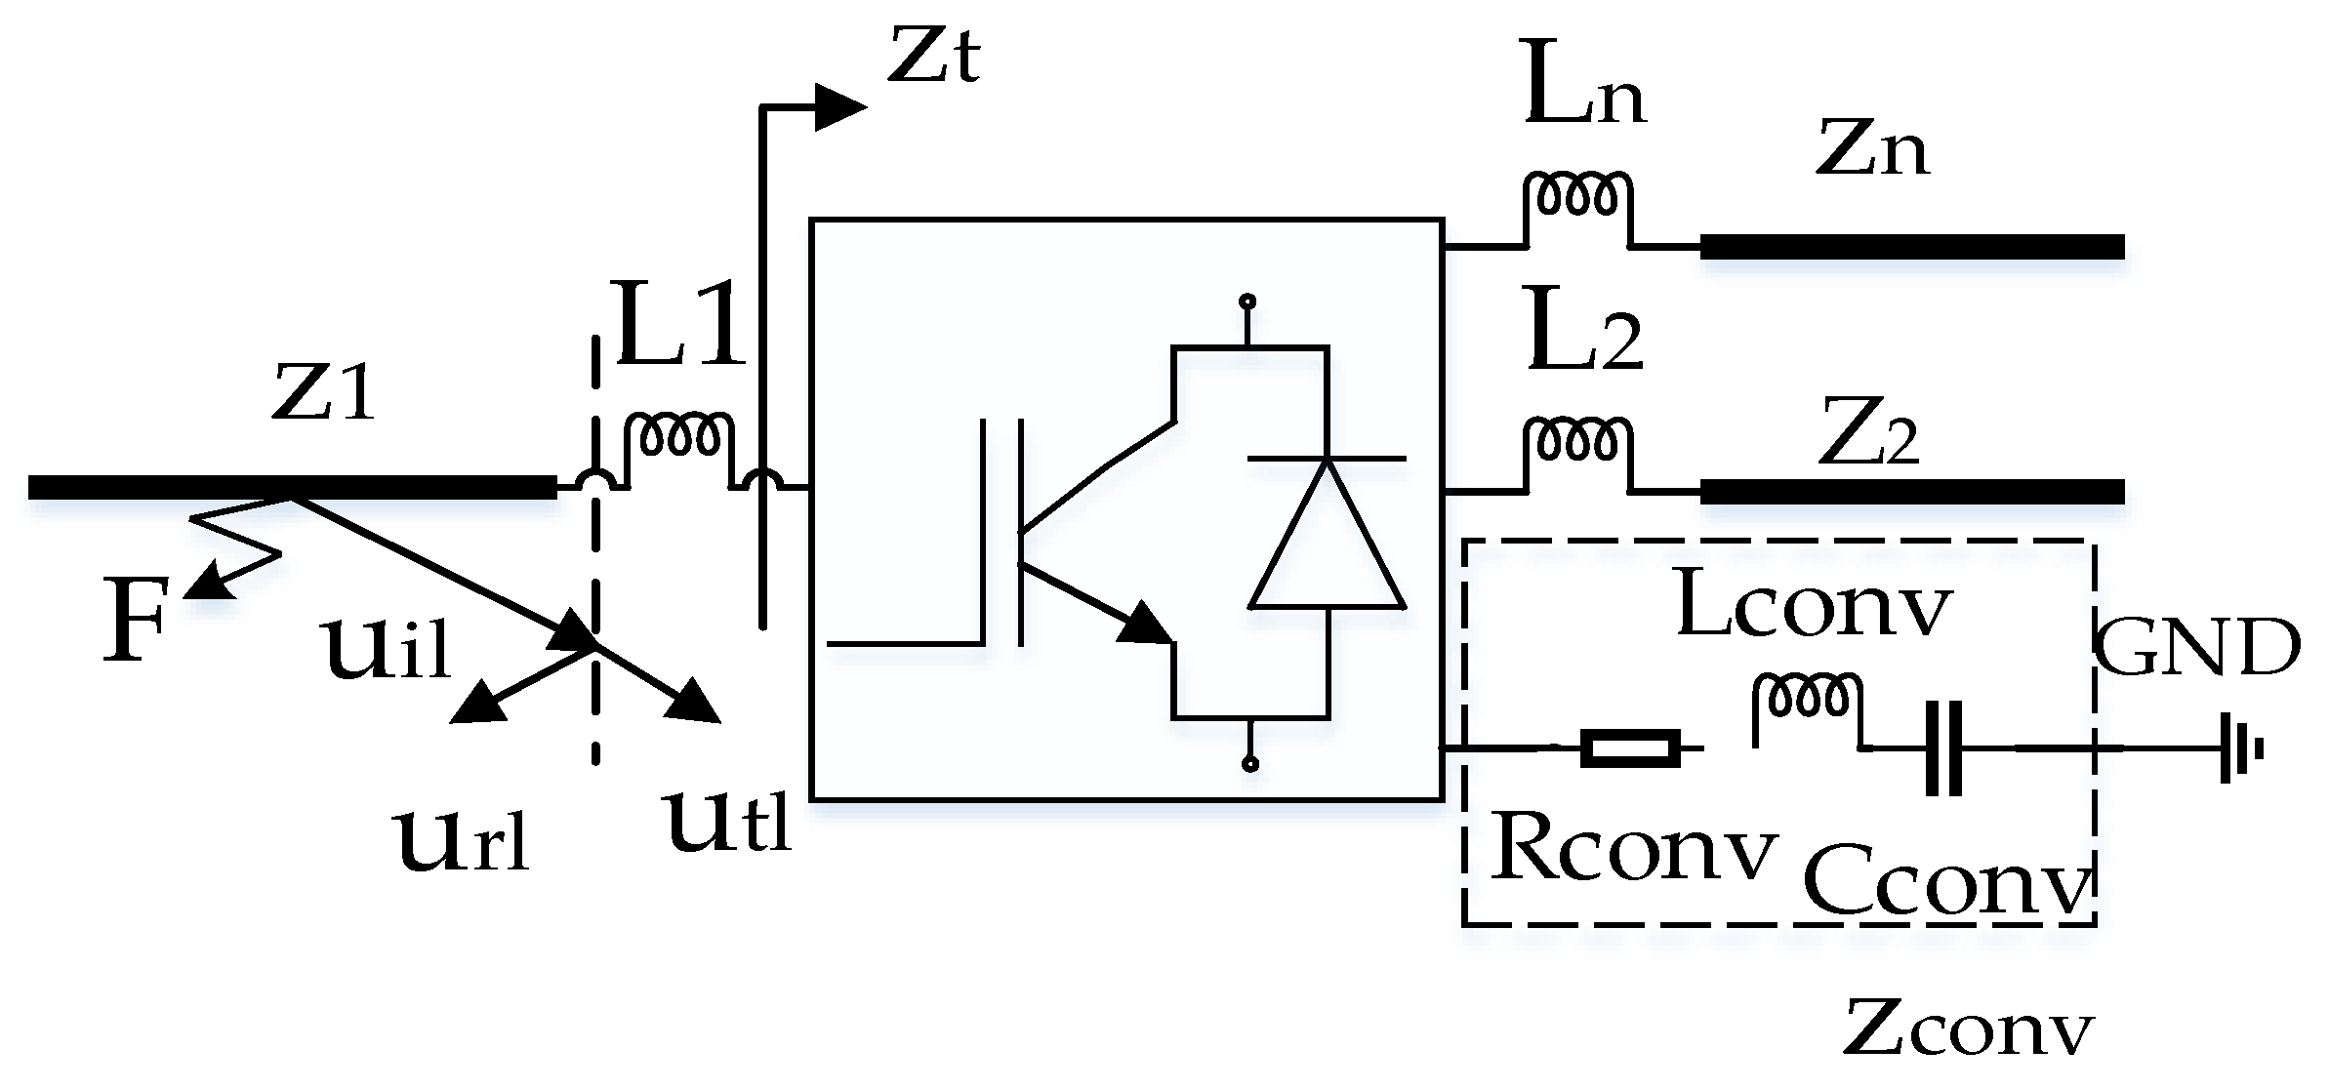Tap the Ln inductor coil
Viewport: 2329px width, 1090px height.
pyautogui.click(x=1575, y=196)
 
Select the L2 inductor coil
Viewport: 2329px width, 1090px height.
pyautogui.click(x=1575, y=441)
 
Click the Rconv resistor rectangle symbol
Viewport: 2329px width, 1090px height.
pyautogui.click(x=1629, y=749)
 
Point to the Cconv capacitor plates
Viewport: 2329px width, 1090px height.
pyautogui.click(x=1942, y=749)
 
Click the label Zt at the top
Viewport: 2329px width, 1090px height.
pyautogui.click(x=933, y=57)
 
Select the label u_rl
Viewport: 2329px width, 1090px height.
pyautogui.click(x=463, y=838)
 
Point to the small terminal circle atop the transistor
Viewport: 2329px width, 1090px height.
pyautogui.click(x=1247, y=303)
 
